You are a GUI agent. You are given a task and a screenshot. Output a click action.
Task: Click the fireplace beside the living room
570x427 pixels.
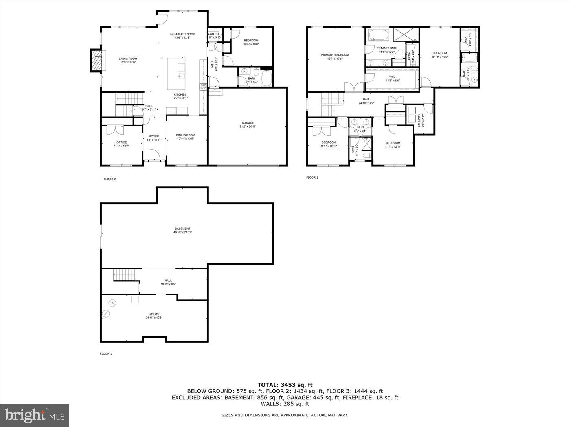96,61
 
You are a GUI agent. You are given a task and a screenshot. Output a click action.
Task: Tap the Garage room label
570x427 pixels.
248,123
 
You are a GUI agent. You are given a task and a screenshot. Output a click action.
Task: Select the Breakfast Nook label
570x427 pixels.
182,34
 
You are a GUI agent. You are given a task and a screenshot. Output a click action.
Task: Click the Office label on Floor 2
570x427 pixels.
121,142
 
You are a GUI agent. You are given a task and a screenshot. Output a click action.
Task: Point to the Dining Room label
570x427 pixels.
185,135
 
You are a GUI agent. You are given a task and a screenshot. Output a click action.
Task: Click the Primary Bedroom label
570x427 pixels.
335,55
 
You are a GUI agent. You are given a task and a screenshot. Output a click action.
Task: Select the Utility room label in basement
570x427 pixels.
154,314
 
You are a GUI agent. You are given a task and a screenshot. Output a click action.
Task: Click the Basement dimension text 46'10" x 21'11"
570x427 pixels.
183,232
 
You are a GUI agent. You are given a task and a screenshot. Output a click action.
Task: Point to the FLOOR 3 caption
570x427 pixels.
312,177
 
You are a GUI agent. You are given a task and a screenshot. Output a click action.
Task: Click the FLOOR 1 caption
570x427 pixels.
105,354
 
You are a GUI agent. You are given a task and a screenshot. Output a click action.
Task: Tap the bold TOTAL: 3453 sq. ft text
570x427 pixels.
285,384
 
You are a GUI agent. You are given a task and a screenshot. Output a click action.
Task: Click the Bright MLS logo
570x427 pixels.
34,415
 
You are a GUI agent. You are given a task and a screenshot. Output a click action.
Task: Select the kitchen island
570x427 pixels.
176,74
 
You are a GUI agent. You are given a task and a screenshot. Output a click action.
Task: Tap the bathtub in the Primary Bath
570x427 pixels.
379,35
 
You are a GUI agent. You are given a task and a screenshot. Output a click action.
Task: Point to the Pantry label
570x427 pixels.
215,34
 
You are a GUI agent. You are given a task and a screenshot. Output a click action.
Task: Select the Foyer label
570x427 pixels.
154,137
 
